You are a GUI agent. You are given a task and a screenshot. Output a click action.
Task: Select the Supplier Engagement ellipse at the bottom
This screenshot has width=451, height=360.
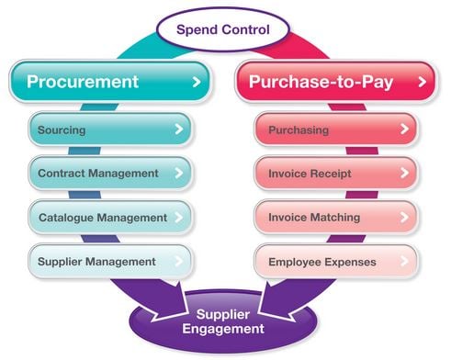click(224, 321)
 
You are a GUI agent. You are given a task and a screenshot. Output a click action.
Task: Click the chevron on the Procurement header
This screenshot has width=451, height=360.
click(195, 83)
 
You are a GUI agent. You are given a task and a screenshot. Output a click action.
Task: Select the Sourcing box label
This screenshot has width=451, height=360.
click(62, 130)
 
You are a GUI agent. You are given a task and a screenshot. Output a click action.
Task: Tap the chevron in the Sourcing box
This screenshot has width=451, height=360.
click(178, 130)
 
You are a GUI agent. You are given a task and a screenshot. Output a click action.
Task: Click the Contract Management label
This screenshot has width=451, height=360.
click(98, 173)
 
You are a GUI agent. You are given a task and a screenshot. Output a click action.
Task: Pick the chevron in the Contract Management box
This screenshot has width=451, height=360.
click(178, 174)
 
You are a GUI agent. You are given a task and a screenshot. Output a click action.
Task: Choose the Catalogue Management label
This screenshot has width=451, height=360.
click(102, 218)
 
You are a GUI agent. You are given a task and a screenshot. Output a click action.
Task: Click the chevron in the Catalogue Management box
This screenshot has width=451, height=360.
click(178, 218)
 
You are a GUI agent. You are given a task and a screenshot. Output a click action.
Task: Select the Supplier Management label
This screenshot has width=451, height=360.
click(96, 262)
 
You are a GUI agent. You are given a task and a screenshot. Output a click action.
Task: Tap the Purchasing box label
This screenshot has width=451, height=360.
click(299, 130)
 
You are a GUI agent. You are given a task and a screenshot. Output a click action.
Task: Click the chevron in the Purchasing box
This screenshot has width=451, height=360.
click(403, 130)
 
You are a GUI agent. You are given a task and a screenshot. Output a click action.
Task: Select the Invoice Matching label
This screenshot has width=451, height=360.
click(313, 218)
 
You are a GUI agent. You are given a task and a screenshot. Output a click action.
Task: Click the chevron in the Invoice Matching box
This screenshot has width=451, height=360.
click(403, 218)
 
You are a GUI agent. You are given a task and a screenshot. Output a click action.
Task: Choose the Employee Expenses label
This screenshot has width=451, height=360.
click(321, 262)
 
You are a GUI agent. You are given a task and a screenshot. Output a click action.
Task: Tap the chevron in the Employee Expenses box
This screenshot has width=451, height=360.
click(403, 262)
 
